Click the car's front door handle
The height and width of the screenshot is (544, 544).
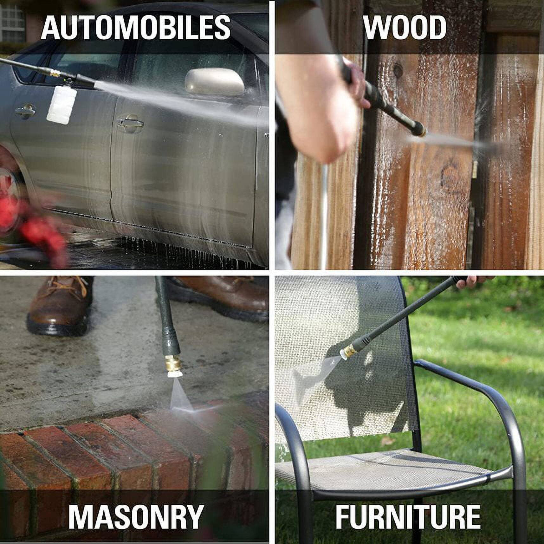click(x=130, y=123)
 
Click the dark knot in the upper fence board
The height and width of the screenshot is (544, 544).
click(x=398, y=70)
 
